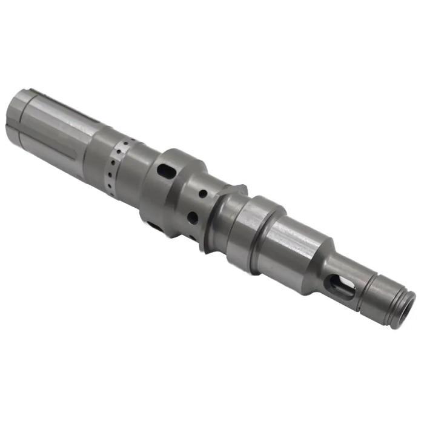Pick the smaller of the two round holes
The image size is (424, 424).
[x=202, y=194]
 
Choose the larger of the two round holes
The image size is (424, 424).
[x=191, y=217]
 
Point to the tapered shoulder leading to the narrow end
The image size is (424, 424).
[x=325, y=267]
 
